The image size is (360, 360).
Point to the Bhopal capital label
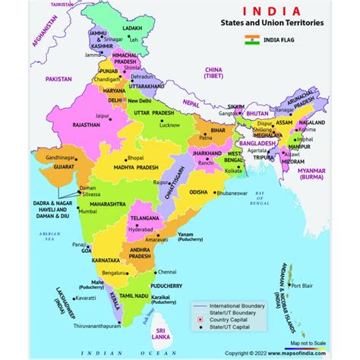136,156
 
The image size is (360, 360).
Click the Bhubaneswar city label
232,194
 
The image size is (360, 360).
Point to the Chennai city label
180,270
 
